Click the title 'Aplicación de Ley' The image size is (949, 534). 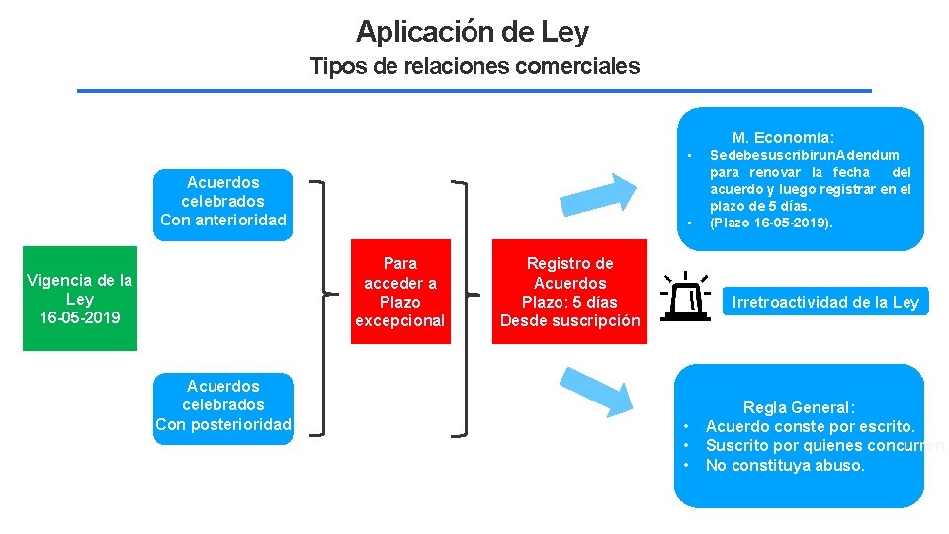473,32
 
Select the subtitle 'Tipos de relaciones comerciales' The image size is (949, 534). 474,67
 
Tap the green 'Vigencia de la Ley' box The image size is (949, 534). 80,299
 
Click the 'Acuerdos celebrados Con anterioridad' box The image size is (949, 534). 223,201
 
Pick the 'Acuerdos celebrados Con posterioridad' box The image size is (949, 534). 223,405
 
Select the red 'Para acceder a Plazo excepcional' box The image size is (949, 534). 400,293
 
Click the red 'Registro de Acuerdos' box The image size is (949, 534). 569,293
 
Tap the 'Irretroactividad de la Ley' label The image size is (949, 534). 825,303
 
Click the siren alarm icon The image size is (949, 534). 686,297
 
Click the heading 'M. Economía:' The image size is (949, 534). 783,138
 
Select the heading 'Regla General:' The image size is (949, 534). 799,407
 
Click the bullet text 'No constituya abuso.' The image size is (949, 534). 785,465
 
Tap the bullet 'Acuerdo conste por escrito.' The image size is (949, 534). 810,426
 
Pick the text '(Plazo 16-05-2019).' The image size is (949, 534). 771,222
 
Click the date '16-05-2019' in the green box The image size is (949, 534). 80,318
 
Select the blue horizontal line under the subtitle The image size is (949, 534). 474,91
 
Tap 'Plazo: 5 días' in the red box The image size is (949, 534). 569,302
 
